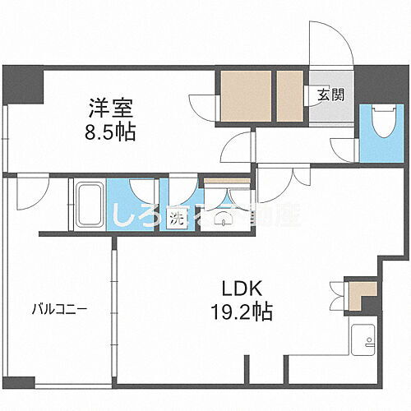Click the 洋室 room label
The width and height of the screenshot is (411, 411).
(x=112, y=108)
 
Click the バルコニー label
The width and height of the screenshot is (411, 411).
(x=60, y=310)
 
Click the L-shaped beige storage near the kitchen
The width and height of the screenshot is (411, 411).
(x=360, y=293)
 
